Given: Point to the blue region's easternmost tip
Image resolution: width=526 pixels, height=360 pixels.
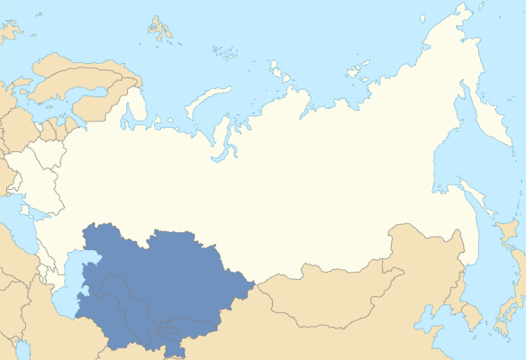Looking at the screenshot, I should [x=255, y=285].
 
